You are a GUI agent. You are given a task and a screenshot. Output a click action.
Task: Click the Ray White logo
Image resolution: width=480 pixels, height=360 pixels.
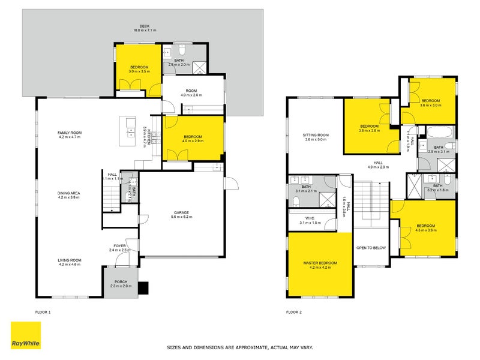[x=26, y=335]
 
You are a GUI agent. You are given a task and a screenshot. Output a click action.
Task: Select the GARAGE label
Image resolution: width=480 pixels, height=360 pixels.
[x=182, y=212]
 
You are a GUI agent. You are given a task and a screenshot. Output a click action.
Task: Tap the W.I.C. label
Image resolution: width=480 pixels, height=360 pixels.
[x=310, y=219]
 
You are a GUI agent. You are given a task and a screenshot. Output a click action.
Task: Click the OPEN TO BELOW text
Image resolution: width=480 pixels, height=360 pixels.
[x=371, y=248]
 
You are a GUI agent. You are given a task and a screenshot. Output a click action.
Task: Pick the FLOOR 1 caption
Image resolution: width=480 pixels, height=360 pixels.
[x=42, y=313]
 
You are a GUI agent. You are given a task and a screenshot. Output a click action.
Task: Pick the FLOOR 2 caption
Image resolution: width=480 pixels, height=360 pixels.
[x=293, y=313]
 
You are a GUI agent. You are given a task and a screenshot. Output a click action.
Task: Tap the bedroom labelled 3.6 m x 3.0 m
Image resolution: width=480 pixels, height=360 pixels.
[x=430, y=103]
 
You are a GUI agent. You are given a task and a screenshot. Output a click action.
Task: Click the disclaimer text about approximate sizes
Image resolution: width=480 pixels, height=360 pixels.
[x=239, y=347]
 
